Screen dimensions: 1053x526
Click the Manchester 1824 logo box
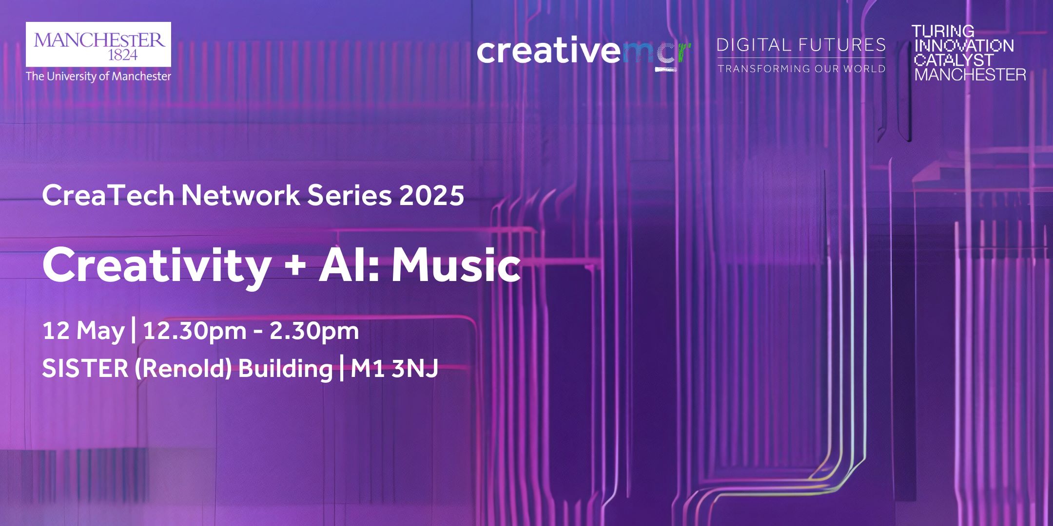click(98, 44)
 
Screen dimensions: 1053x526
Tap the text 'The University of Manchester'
click(98, 76)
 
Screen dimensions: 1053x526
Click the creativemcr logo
click(585, 53)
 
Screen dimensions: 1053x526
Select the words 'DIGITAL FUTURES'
click(801, 45)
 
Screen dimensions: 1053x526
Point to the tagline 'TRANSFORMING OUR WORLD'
click(801, 69)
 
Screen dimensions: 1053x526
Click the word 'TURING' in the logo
click(943, 32)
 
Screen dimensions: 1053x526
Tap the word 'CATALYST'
click(954, 60)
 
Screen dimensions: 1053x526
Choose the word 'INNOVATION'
click(963, 46)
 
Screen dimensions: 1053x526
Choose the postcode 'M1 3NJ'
click(394, 369)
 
